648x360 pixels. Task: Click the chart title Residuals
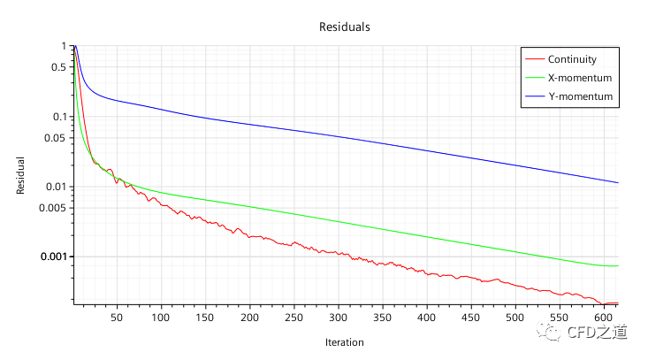click(344, 27)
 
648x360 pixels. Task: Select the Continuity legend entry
click(572, 60)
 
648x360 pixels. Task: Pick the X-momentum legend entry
click(580, 78)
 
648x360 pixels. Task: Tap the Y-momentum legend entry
click(580, 96)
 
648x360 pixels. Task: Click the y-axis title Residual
click(20, 176)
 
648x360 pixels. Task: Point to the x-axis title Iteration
click(344, 341)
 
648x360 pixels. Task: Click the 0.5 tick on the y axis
click(58, 67)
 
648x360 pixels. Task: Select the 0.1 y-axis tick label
click(58, 117)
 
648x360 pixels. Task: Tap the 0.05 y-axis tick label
click(56, 138)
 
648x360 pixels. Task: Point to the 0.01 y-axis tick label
click(56, 187)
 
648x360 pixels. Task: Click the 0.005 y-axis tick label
click(53, 208)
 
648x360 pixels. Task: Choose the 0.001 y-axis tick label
click(53, 257)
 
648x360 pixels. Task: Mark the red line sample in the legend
click(535, 60)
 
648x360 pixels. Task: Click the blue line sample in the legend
click(535, 96)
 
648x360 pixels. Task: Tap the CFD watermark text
click(596, 333)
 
